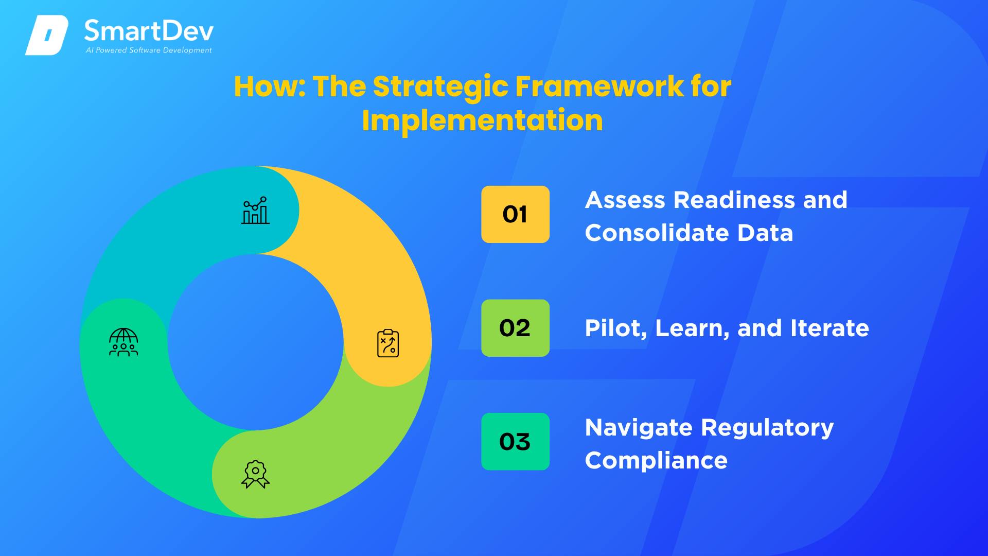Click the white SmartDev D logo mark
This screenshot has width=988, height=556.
(47, 35)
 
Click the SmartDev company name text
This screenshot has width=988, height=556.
(149, 31)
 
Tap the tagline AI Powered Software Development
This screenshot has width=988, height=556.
(149, 50)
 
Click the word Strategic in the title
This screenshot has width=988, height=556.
(441, 88)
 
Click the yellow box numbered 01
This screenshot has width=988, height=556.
(515, 214)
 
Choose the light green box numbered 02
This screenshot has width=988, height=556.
(515, 328)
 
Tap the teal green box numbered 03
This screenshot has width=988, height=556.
(515, 441)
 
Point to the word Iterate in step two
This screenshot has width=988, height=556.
(830, 328)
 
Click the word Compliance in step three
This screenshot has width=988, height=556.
(656, 461)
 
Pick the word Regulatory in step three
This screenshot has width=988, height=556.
(767, 428)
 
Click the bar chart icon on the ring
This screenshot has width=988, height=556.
(256, 210)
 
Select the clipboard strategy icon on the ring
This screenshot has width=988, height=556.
(388, 343)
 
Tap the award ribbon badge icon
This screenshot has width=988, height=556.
(256, 474)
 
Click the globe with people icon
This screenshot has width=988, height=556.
(123, 342)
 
